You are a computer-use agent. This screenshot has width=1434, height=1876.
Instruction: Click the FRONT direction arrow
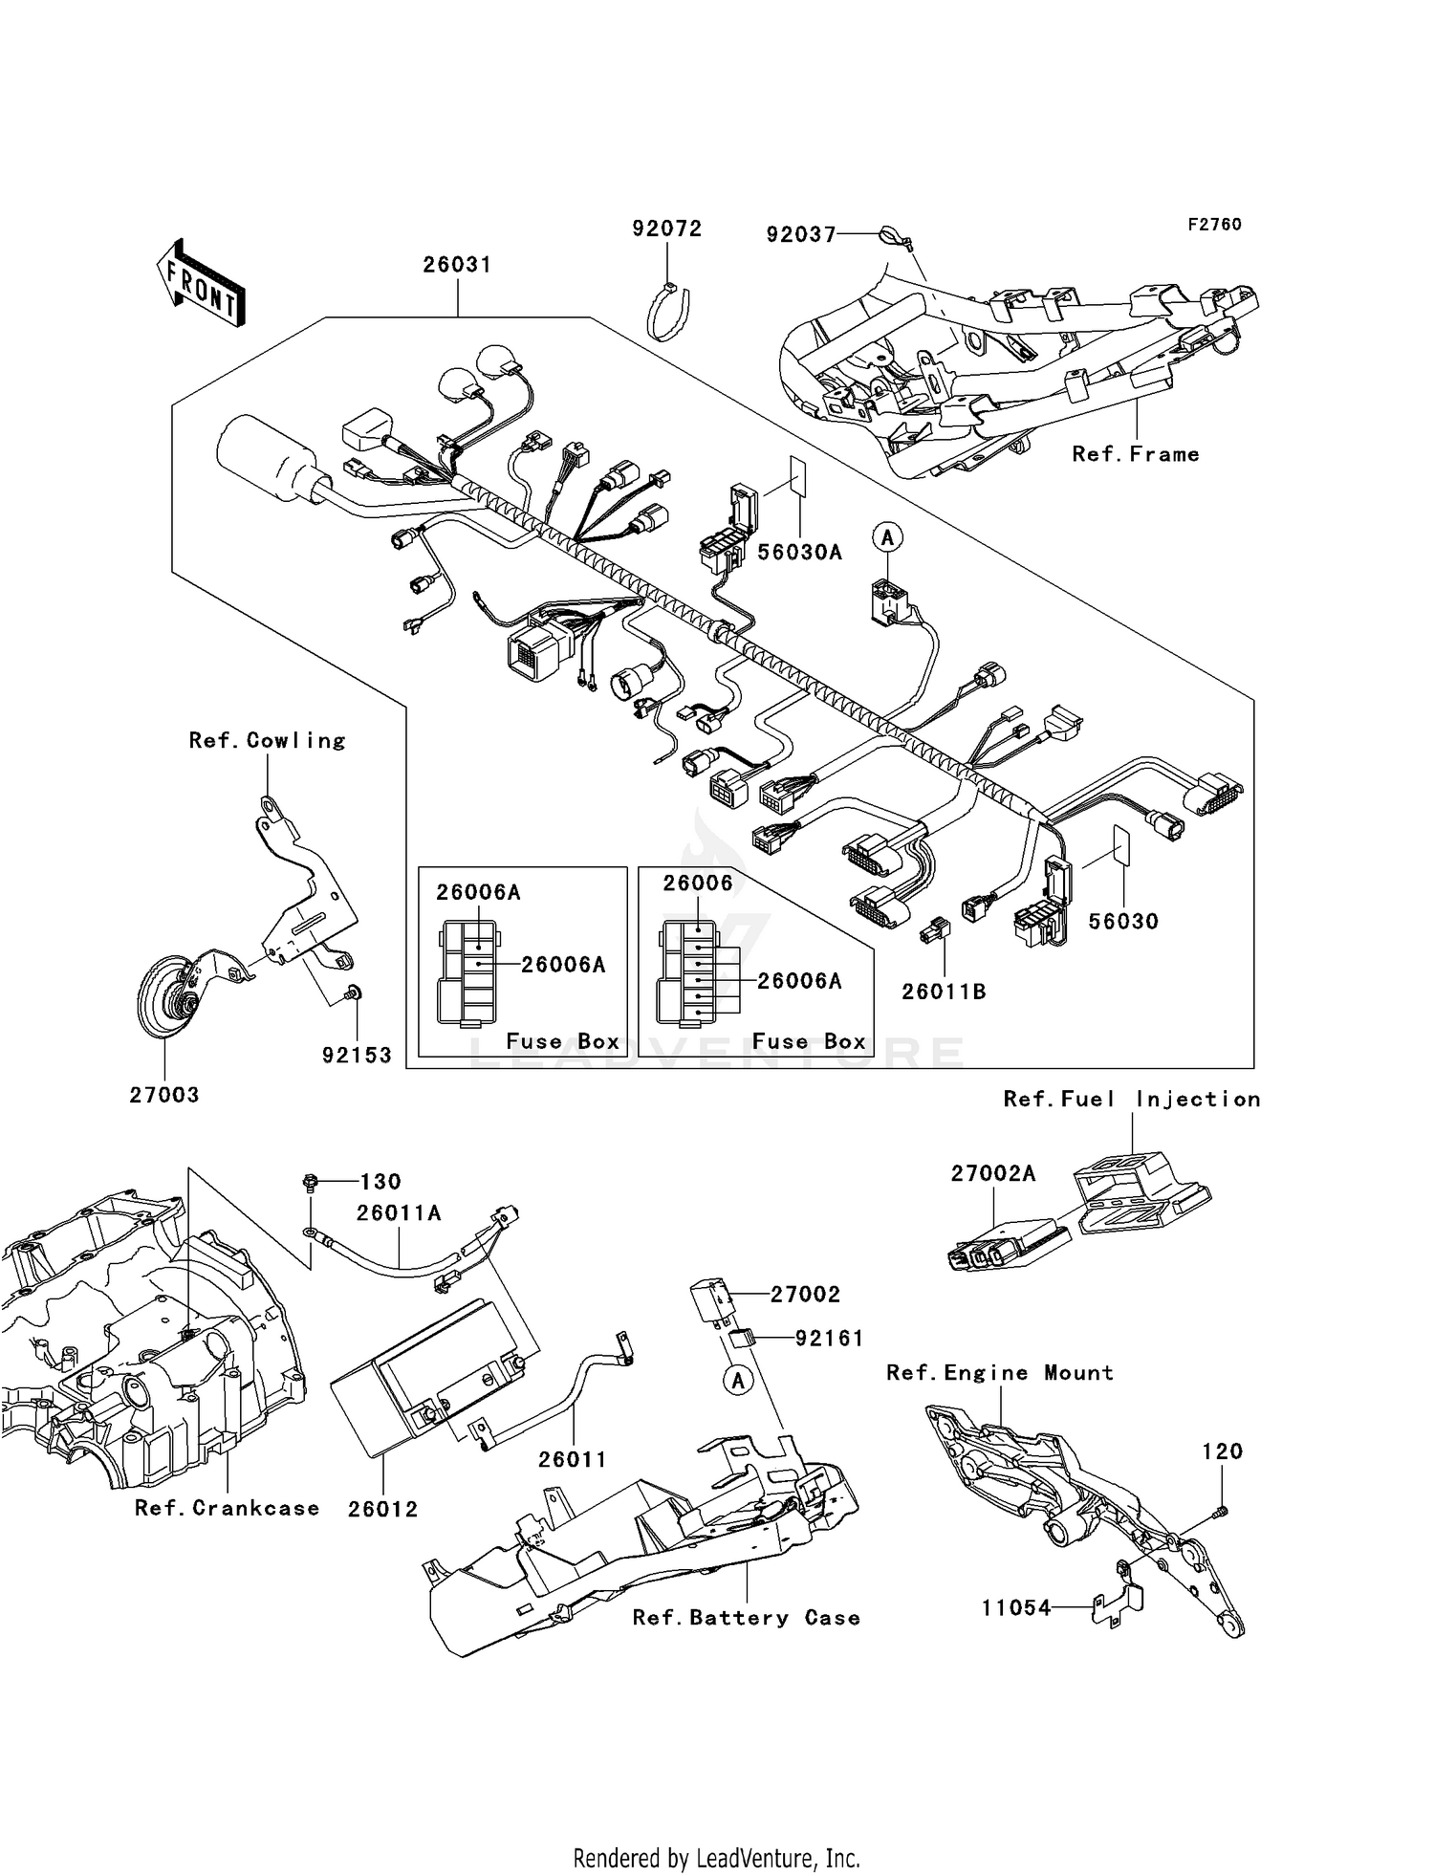pyautogui.click(x=201, y=283)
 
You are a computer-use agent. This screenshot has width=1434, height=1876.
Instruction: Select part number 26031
pyautogui.click(x=457, y=265)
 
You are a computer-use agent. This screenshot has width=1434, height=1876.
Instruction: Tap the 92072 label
pyautogui.click(x=666, y=229)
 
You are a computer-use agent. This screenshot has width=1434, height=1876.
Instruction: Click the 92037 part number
pyautogui.click(x=800, y=234)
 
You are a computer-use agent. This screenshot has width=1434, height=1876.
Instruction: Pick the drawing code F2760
pyautogui.click(x=1214, y=225)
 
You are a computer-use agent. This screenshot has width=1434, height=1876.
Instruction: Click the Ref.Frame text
pyautogui.click(x=1135, y=454)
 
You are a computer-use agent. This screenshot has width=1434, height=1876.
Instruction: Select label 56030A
pyautogui.click(x=799, y=552)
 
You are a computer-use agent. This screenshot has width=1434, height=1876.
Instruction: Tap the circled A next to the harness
pyautogui.click(x=888, y=537)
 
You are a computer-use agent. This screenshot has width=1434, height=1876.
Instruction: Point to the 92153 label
pyautogui.click(x=357, y=1055)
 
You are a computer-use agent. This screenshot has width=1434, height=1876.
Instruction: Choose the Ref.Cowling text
pyautogui.click(x=267, y=740)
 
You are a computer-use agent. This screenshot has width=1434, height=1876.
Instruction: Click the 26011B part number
pyautogui.click(x=944, y=992)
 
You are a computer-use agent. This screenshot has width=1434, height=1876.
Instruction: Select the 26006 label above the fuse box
pyautogui.click(x=698, y=883)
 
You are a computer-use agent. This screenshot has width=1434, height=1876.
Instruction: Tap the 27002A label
pyautogui.click(x=992, y=1173)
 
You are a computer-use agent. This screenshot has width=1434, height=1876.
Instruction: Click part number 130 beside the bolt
pyautogui.click(x=380, y=1182)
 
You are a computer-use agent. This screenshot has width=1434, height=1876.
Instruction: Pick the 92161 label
pyautogui.click(x=829, y=1339)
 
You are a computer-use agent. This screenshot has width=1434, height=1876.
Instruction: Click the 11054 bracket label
pyautogui.click(x=1015, y=1608)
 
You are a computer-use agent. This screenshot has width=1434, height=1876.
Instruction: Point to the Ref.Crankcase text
pyautogui.click(x=227, y=1508)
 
